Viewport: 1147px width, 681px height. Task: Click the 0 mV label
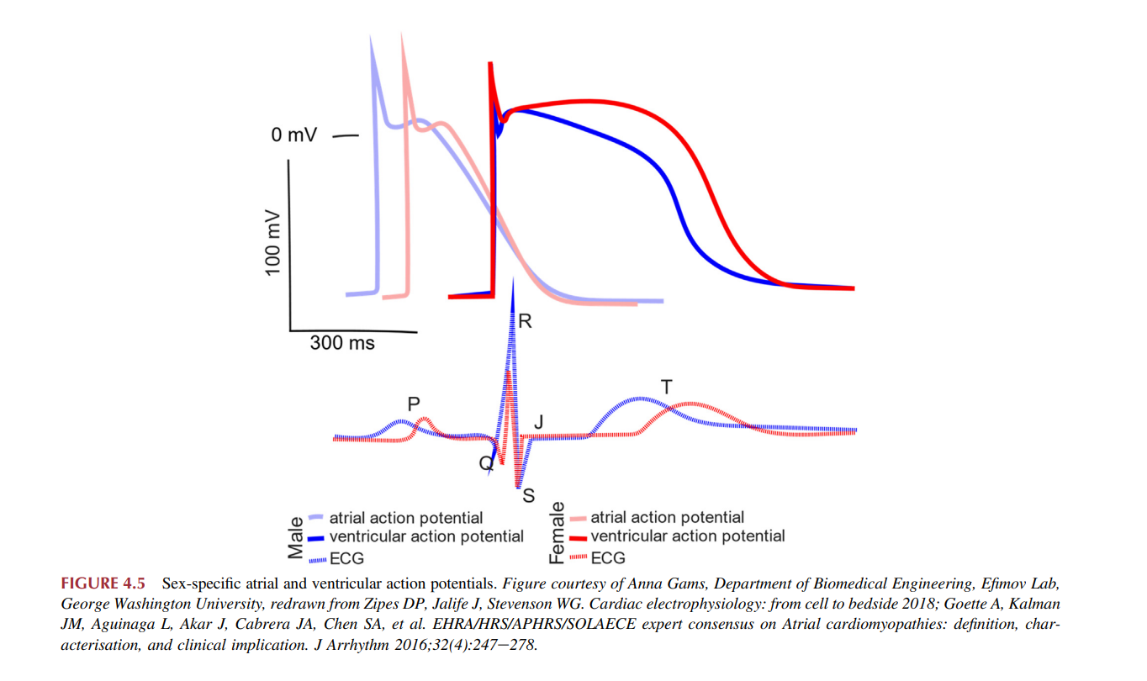293,135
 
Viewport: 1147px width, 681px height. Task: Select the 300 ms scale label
342,343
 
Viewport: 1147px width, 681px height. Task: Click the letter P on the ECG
413,404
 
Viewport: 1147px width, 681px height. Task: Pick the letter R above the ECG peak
526,320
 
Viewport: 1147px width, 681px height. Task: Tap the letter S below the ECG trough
528,495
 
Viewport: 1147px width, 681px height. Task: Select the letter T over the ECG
667,387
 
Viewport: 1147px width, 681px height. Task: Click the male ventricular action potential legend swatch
317,537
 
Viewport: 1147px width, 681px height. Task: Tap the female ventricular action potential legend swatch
578,537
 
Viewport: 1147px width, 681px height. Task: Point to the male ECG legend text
347,557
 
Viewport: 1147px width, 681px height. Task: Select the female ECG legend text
608,557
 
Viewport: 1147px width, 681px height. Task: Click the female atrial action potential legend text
667,518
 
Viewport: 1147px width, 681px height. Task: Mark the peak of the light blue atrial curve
371,39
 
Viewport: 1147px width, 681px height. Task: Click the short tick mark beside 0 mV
346,135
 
